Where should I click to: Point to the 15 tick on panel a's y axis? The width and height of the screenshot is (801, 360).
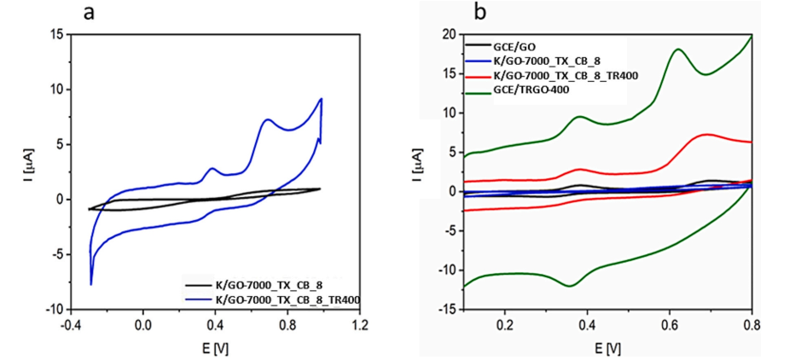click(x=56, y=35)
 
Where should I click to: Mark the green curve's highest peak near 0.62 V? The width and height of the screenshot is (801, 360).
click(x=678, y=49)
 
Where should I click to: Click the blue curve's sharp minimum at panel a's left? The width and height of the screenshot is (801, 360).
click(x=90, y=284)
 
